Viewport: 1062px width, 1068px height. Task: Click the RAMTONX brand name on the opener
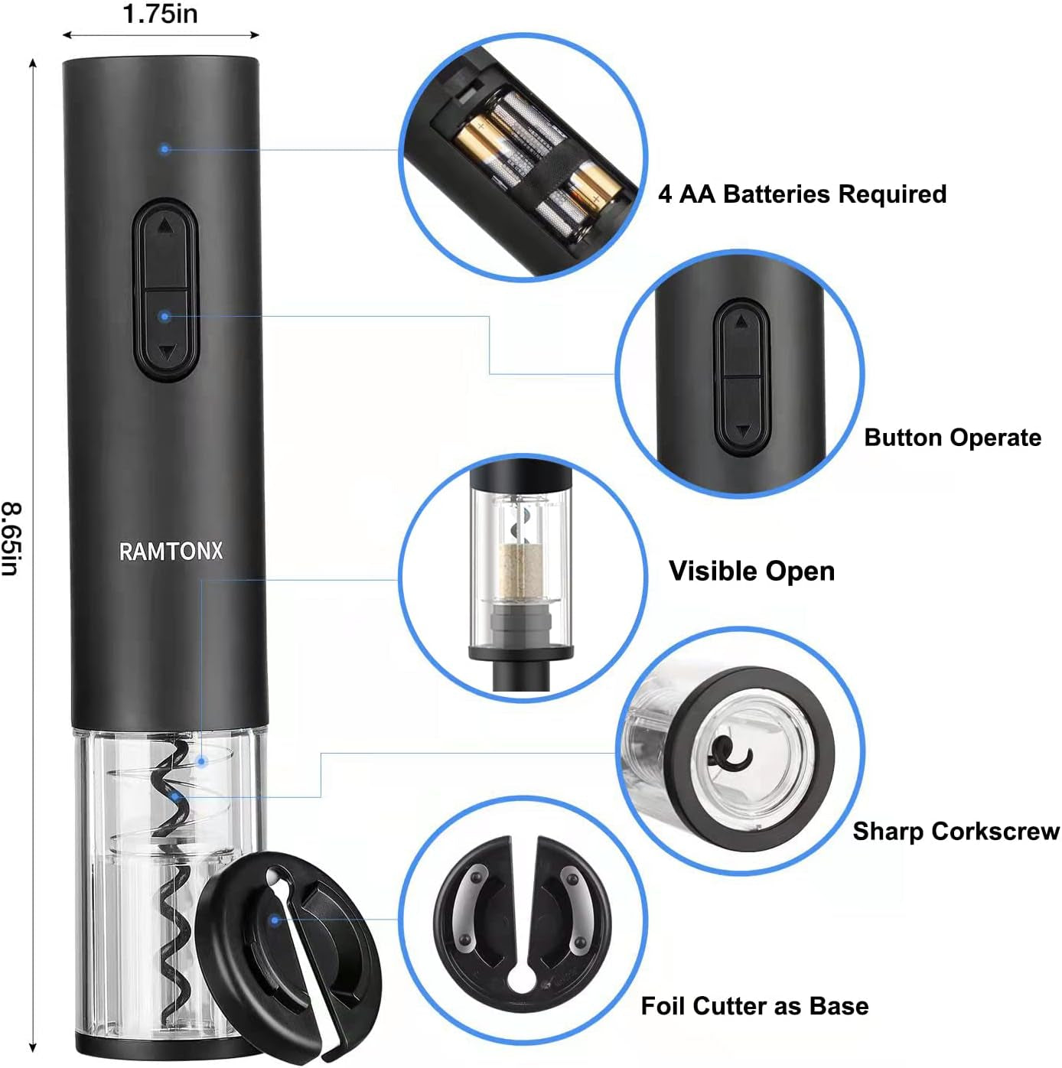pos(171,551)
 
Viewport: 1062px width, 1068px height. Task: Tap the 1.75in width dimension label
pos(160,14)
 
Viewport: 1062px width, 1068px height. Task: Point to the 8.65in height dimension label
pos(12,539)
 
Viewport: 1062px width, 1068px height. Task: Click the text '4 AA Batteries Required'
pos(802,194)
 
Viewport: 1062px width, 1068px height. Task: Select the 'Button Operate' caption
pos(953,438)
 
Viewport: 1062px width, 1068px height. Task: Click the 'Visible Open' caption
pos(751,571)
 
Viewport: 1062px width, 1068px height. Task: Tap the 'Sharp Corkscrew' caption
pos(956,831)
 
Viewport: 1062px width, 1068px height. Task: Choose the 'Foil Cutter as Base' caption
pos(754,1006)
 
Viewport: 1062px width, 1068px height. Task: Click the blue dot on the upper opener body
pos(165,148)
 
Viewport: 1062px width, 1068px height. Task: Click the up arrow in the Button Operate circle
pos(741,324)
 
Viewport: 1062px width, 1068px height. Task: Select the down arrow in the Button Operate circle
pos(741,431)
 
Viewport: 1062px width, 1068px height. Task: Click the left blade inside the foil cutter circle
pos(469,908)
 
